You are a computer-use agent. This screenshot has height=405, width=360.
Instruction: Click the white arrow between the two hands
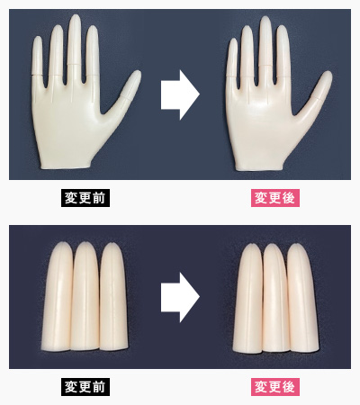(180, 94)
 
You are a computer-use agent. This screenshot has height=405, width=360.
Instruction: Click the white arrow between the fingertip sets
(180, 297)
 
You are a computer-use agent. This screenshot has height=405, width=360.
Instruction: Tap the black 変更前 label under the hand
(85, 198)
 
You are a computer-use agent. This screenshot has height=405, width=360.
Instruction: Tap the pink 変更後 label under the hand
(275, 198)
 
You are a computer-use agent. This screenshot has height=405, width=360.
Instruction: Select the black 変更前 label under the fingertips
(85, 387)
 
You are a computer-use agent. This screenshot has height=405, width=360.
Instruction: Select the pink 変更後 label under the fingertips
(275, 387)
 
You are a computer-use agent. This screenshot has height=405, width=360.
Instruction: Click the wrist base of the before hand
(66, 166)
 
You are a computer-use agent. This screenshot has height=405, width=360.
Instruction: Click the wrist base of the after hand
(259, 167)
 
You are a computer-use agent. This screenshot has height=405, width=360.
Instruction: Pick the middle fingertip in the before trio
(85, 296)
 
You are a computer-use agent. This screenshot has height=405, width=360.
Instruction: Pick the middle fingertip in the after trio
(275, 298)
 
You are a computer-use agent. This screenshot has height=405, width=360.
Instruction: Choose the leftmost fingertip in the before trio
(58, 296)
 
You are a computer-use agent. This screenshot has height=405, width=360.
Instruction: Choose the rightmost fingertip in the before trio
(113, 296)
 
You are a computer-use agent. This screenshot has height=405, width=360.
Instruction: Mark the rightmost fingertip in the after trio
(302, 298)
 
